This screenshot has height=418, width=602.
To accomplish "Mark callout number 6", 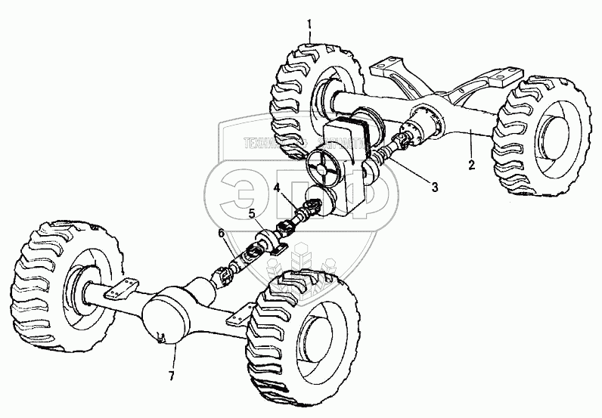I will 221,235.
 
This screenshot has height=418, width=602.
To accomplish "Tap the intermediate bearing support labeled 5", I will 267,241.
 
